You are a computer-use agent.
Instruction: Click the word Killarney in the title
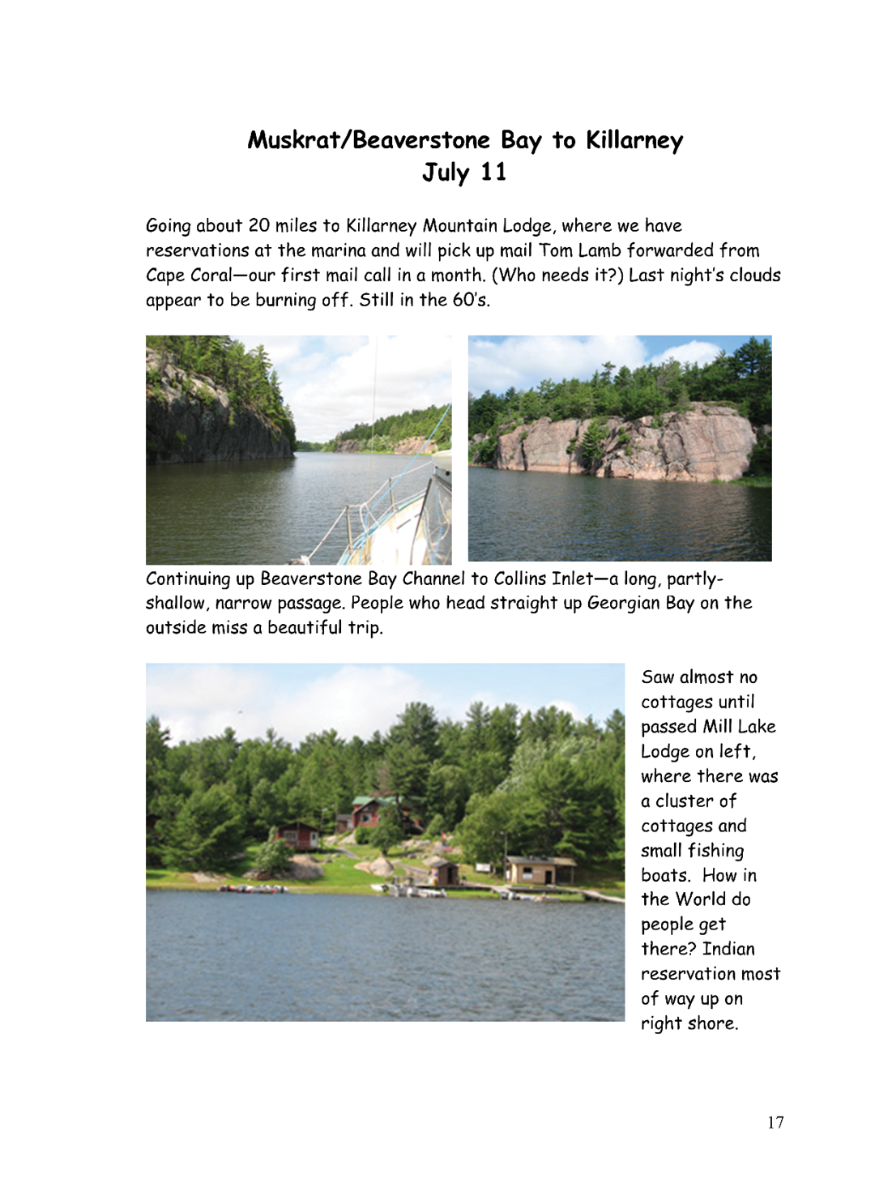point(634,141)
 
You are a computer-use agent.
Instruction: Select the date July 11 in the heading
point(464,173)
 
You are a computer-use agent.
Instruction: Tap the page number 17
point(775,1122)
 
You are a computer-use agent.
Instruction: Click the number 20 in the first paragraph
point(259,226)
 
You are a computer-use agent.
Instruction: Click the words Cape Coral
point(189,276)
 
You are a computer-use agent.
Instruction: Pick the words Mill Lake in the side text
point(739,727)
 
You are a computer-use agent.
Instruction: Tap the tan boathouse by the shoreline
point(541,871)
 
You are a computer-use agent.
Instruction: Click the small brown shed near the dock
point(444,874)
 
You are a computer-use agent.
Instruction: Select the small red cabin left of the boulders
point(297,835)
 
